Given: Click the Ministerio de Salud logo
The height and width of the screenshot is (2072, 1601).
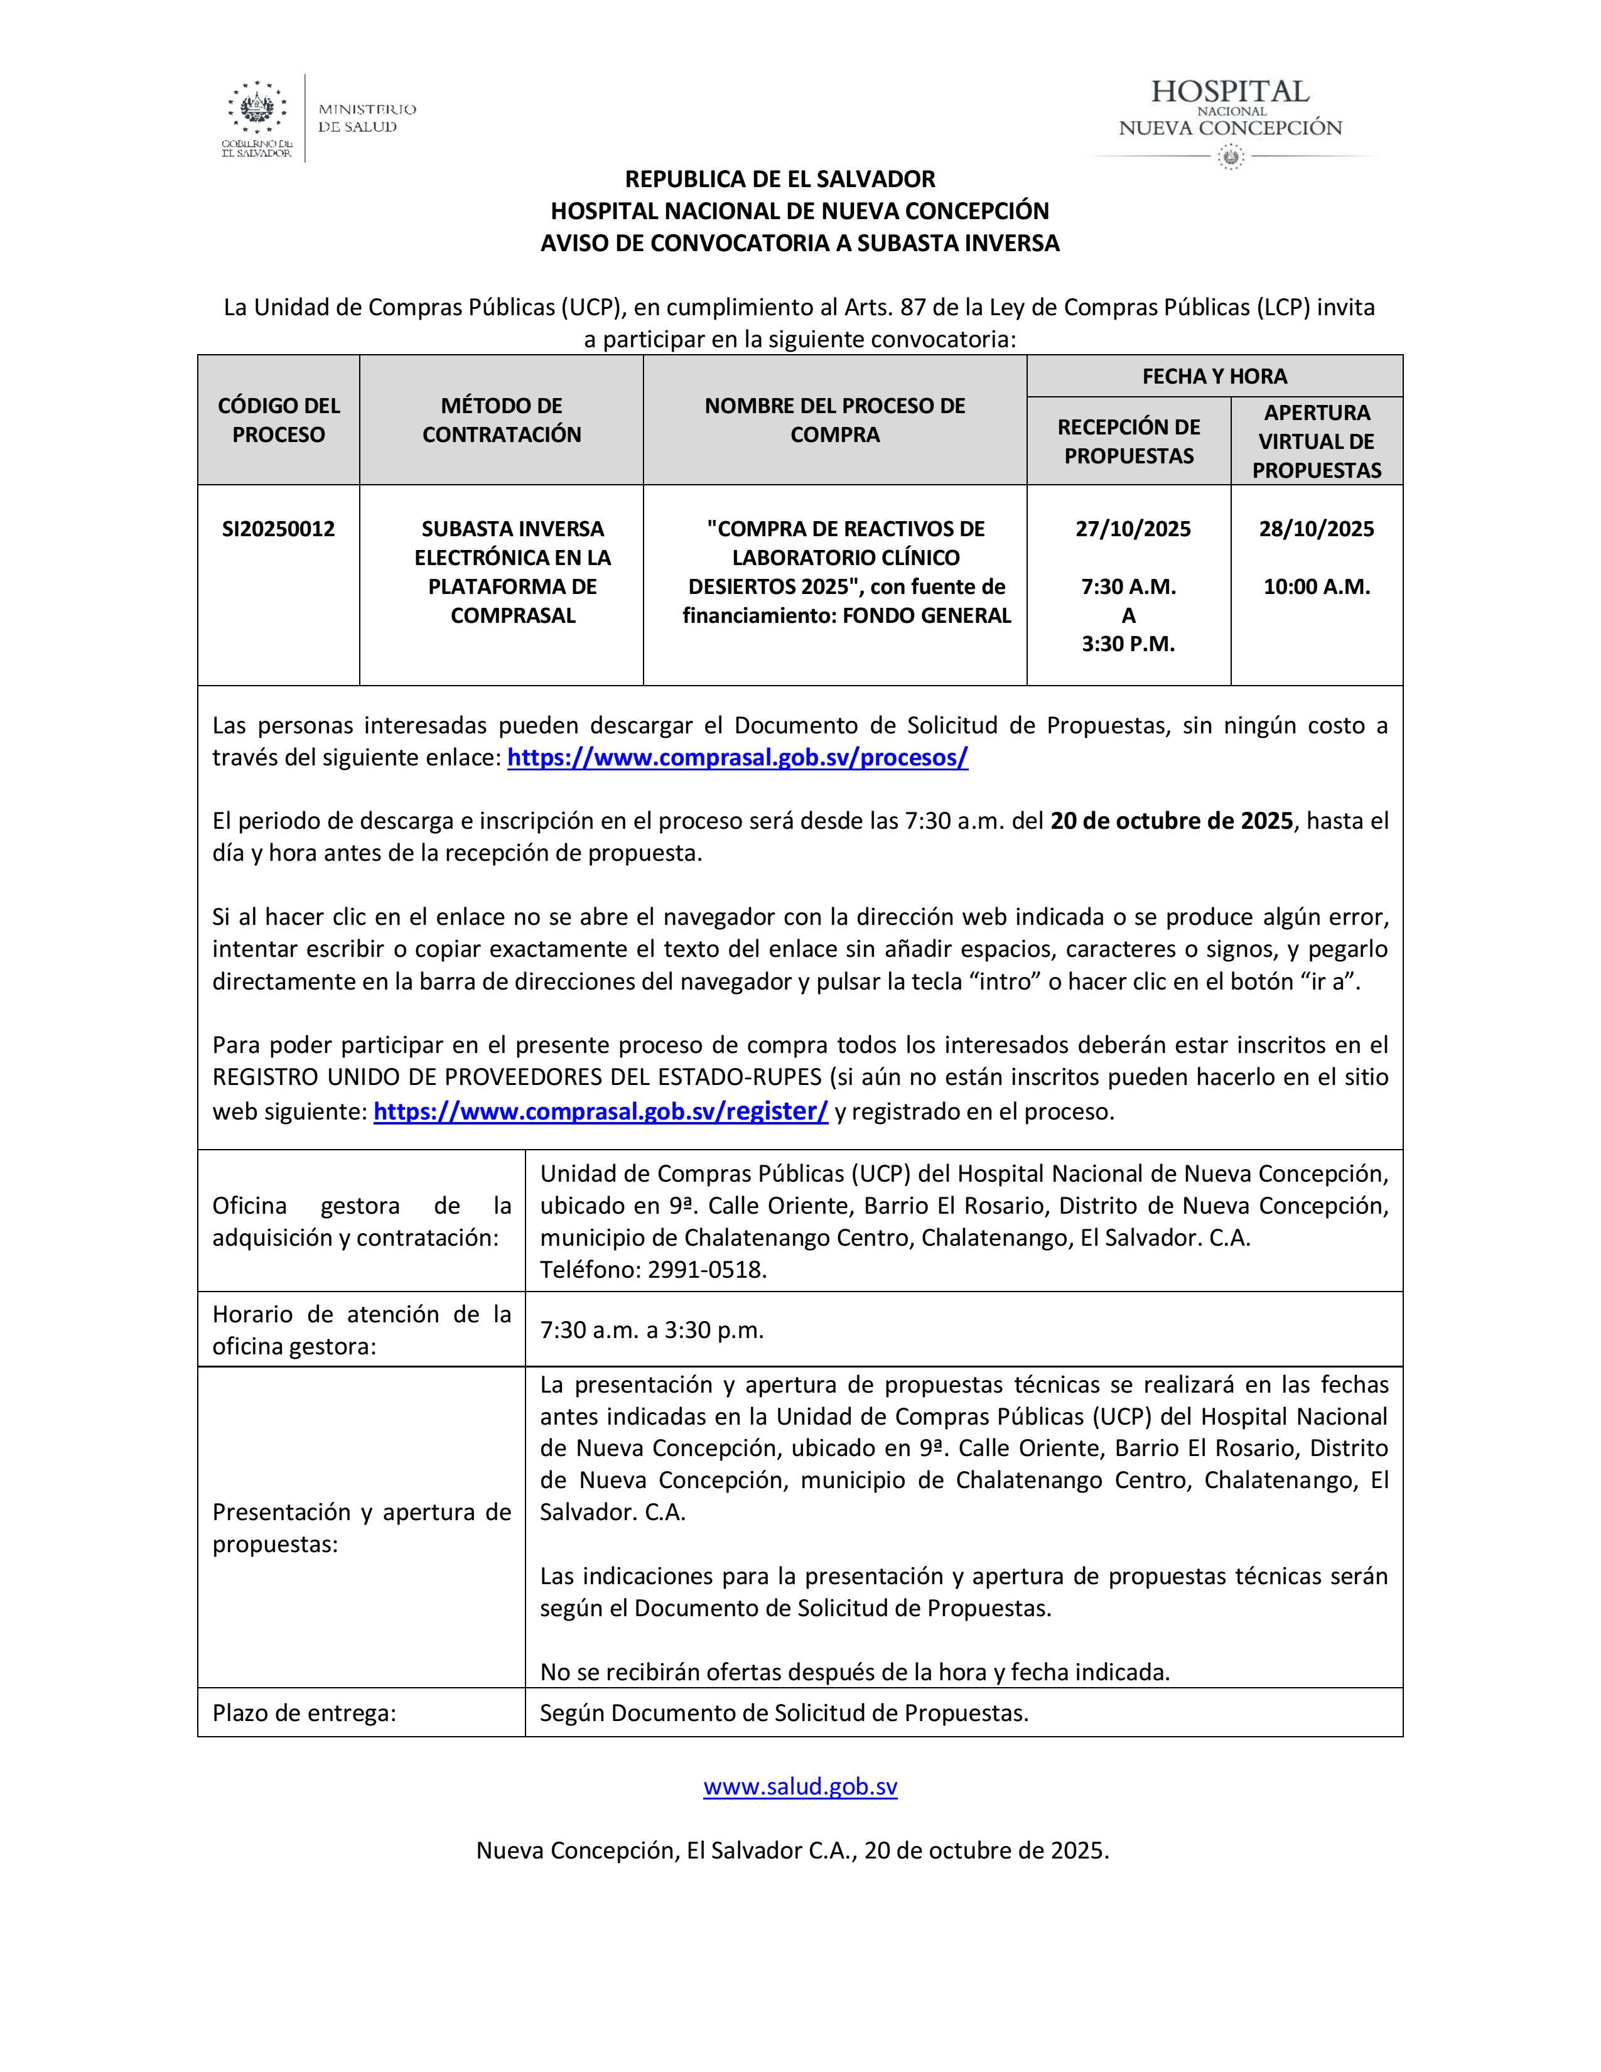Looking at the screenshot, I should coord(319,119).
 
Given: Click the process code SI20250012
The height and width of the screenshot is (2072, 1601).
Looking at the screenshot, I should coord(278,529).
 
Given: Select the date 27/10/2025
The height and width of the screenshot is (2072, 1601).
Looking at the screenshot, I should coord(1133,529).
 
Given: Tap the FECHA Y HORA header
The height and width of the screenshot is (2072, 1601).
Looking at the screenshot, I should coord(1214,375).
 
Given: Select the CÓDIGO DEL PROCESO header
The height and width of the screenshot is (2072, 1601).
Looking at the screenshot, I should coord(278,419).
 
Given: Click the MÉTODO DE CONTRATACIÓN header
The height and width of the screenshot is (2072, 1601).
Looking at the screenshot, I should coord(501,419).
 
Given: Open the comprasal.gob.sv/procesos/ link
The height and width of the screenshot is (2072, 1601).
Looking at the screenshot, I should coord(737,757).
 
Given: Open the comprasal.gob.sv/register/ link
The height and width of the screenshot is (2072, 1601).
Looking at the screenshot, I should coord(600,1111).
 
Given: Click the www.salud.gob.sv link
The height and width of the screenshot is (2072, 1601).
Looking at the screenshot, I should coord(799,1786).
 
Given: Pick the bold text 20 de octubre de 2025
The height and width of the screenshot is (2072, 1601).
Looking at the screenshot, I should coord(1172,821).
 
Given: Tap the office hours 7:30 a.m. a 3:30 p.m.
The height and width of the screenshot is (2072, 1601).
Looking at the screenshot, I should coord(652,1329).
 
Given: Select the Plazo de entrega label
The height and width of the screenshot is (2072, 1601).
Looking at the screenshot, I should coord(303,1712).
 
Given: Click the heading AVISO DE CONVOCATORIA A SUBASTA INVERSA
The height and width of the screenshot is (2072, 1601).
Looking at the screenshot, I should coord(799,243).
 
